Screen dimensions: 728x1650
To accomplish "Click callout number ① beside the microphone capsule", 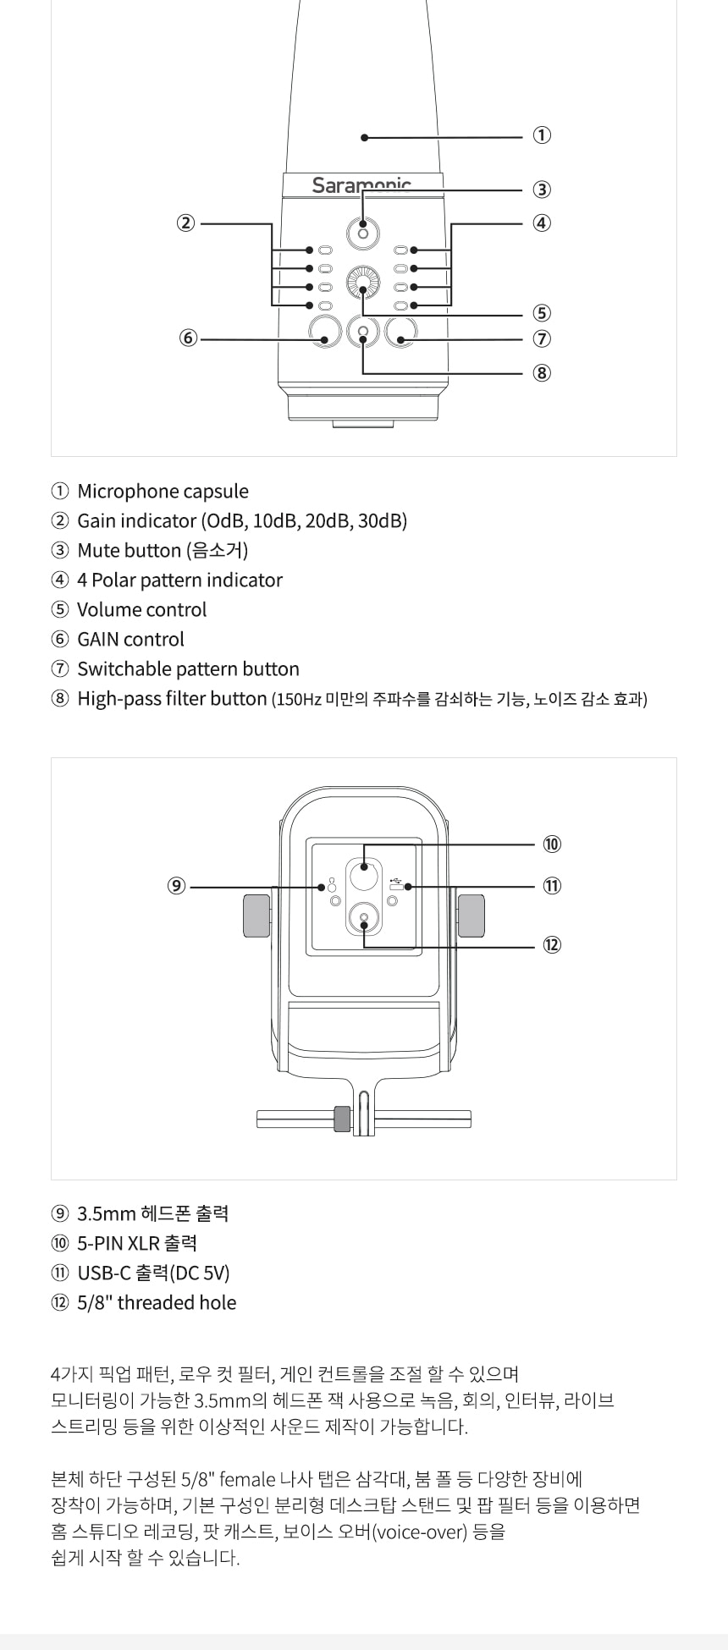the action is tap(542, 135).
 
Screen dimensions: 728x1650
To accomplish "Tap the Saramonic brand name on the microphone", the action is tap(361, 184).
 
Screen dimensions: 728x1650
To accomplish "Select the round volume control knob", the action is tap(363, 282).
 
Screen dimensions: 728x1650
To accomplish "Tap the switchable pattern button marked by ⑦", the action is tap(401, 332).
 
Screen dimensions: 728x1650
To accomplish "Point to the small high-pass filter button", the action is tap(363, 332).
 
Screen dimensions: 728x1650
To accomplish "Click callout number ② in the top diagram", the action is tap(185, 223).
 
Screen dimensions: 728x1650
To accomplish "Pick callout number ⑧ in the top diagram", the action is tap(542, 372).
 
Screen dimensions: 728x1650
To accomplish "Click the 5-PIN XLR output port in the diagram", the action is tap(364, 867).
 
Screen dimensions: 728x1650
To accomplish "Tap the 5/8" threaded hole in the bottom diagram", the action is tap(364, 918).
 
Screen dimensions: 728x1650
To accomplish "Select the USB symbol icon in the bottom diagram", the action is tap(395, 883).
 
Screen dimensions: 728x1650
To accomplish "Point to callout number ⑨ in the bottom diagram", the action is tap(176, 886).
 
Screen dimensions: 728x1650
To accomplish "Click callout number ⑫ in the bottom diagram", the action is tap(552, 945).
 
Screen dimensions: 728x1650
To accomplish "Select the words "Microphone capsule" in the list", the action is tap(163, 492).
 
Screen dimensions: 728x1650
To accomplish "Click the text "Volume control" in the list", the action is tap(141, 610).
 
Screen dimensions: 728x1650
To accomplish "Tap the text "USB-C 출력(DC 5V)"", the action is tap(153, 1273).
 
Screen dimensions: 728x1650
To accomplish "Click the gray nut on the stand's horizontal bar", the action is tap(342, 1119).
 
